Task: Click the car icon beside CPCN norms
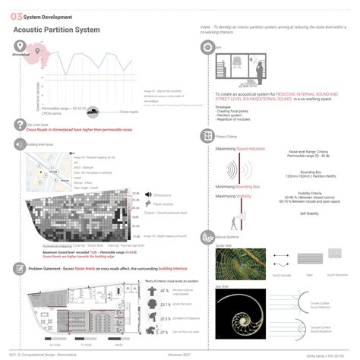point(93,112)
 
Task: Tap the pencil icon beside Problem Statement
point(17,268)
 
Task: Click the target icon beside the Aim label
point(206,48)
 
